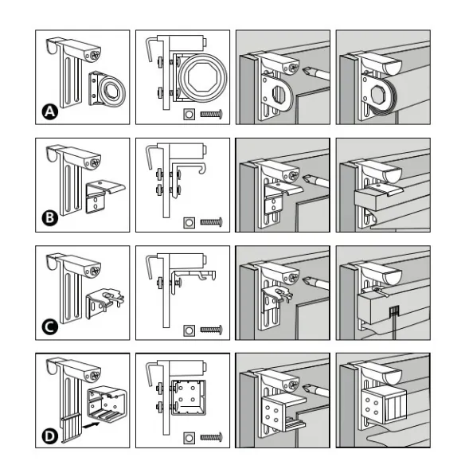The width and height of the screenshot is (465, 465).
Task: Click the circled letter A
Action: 50,111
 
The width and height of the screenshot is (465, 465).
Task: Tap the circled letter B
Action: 50,218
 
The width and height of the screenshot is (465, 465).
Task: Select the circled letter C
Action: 50,326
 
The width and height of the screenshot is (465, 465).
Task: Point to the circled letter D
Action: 50,436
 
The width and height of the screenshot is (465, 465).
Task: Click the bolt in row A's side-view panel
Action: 212,114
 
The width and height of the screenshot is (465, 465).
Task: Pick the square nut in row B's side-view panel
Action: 189,222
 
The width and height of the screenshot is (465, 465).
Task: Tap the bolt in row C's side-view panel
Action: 212,330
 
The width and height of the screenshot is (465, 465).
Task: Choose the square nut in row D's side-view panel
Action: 189,438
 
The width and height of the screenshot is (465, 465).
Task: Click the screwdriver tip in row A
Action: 307,72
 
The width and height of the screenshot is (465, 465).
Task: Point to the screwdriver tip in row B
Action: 307,179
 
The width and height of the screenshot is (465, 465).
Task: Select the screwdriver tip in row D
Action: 307,389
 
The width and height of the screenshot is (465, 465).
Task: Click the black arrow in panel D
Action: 92,425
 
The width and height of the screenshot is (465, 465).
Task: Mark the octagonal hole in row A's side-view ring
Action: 203,77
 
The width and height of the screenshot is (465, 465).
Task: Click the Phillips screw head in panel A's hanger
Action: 95,55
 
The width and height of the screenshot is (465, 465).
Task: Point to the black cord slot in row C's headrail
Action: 393,311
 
